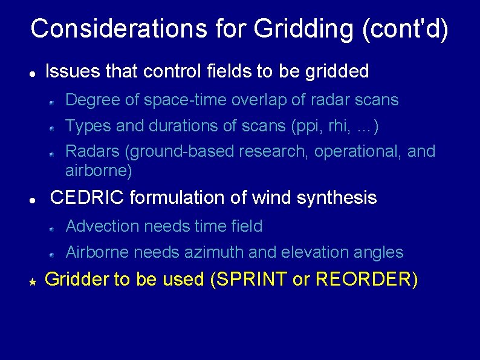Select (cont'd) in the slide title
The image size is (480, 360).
(406, 29)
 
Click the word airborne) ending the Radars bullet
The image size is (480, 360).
(99, 171)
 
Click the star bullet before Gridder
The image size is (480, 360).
(33, 281)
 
